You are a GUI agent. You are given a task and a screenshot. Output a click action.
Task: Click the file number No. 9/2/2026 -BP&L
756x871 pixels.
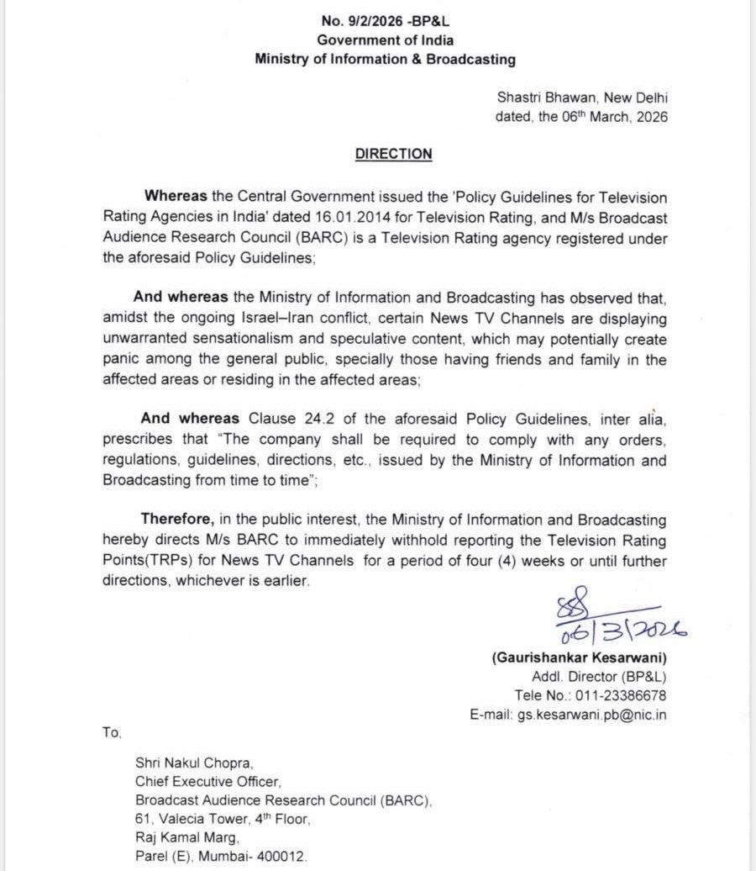pos(386,24)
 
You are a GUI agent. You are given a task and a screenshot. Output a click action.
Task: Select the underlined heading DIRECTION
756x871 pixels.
pos(394,154)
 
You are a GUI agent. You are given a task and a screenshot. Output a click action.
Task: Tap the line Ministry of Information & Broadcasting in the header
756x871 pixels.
pos(386,60)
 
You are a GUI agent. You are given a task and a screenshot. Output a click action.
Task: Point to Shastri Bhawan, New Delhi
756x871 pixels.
pos(582,98)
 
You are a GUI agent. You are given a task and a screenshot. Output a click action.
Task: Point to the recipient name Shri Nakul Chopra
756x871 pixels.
pos(194,763)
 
